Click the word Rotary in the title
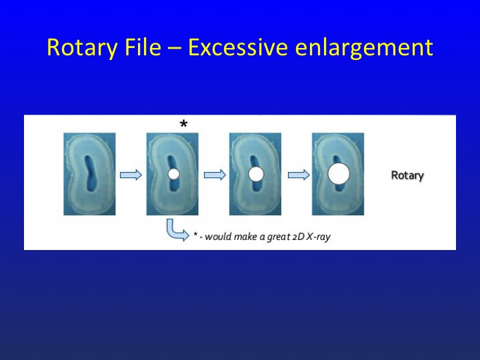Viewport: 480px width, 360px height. pyautogui.click(x=82, y=48)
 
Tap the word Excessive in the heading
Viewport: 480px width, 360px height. pyautogui.click(x=237, y=47)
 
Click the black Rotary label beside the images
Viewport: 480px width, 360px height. pyautogui.click(x=407, y=175)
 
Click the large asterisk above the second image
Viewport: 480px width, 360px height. pyautogui.click(x=183, y=124)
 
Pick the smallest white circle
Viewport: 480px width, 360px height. pyautogui.click(x=173, y=174)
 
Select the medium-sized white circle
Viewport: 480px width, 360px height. pyautogui.click(x=256, y=174)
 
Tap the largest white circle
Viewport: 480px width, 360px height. pyautogui.click(x=339, y=173)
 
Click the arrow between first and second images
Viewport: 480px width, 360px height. pyautogui.click(x=131, y=175)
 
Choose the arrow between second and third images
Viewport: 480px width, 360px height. pyautogui.click(x=215, y=175)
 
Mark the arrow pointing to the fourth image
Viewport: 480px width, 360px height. pyautogui.click(x=299, y=175)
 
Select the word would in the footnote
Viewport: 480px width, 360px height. pyautogui.click(x=218, y=237)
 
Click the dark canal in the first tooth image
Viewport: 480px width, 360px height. pyautogui.click(x=91, y=173)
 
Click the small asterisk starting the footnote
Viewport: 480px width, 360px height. pyautogui.click(x=195, y=235)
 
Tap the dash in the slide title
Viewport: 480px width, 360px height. pyautogui.click(x=174, y=49)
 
